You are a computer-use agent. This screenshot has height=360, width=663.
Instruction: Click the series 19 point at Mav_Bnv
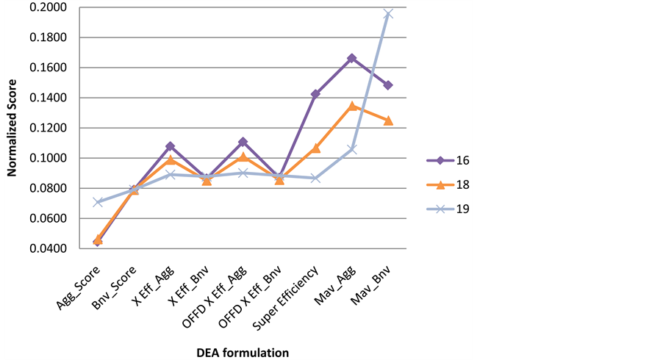tap(388, 14)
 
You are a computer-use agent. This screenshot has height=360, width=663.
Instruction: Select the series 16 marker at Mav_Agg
tap(352, 57)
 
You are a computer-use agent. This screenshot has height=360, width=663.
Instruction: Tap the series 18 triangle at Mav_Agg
tap(352, 106)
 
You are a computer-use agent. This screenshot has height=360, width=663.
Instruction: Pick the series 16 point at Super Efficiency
tap(315, 94)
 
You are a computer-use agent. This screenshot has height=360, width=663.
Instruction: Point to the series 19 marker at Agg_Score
tap(98, 202)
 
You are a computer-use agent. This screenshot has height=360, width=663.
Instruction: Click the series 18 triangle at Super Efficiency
tap(315, 148)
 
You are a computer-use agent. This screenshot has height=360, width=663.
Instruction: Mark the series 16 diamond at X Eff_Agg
tap(171, 146)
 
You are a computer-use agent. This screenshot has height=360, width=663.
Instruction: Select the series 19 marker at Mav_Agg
tap(352, 149)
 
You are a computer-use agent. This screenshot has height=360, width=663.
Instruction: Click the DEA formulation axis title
tap(243, 352)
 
